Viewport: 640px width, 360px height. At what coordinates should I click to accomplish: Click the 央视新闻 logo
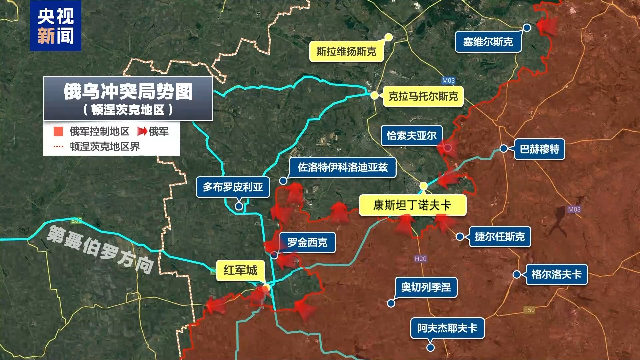point(55,26)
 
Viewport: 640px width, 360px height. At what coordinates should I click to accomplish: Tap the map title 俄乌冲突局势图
point(128,92)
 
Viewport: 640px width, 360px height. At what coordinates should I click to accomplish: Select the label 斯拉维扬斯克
point(346,52)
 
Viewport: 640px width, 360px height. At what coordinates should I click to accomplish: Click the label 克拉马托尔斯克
point(423,97)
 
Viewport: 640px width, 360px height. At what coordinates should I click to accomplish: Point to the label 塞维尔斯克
point(488,42)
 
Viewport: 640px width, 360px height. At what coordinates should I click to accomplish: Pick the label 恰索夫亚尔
point(412,136)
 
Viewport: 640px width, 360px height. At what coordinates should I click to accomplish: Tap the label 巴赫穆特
point(539,149)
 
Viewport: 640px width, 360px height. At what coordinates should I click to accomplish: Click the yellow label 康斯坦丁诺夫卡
point(412,205)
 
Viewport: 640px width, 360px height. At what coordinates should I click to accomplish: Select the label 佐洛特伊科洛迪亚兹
point(343,167)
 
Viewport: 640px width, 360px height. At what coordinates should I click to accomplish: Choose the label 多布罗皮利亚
point(233,187)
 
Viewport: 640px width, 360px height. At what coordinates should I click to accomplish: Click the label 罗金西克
point(307,243)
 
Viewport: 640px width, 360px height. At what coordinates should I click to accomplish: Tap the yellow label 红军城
point(240,270)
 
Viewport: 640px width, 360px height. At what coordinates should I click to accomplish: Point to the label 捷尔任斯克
point(500,237)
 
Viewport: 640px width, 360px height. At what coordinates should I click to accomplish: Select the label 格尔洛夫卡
point(556,275)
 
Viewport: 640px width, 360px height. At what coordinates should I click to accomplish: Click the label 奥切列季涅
point(426,287)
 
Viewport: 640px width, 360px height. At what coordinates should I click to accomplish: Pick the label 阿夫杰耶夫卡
point(447,328)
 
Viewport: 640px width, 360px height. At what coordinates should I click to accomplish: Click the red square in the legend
point(58,131)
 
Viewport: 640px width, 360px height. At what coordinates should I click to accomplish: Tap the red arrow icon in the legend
point(142,132)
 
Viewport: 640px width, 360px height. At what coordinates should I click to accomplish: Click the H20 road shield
point(421,259)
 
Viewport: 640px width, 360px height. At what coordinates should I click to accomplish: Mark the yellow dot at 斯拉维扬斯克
point(389,37)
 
